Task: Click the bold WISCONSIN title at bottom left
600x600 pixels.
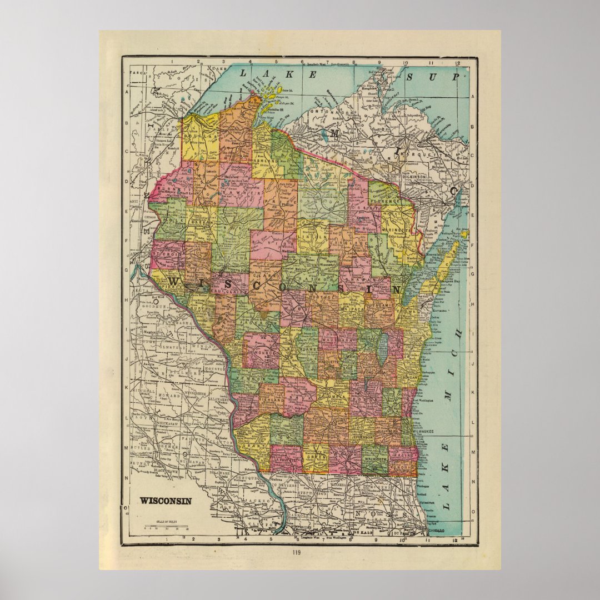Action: (165, 501)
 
